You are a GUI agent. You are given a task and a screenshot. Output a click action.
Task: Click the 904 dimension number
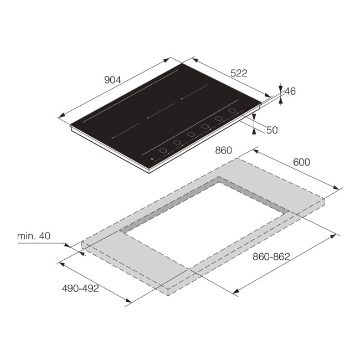112,79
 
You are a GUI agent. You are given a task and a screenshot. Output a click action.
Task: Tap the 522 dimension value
239,73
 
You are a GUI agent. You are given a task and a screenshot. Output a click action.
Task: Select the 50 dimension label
271,130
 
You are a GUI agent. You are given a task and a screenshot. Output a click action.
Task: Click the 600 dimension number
301,162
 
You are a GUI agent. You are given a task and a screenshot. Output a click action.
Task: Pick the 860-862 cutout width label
271,256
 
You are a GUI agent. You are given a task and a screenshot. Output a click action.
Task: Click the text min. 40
34,236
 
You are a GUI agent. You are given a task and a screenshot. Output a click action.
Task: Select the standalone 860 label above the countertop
223,150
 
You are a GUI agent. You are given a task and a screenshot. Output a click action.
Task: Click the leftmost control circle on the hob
163,151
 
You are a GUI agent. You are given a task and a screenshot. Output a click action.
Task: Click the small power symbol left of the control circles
153,161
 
